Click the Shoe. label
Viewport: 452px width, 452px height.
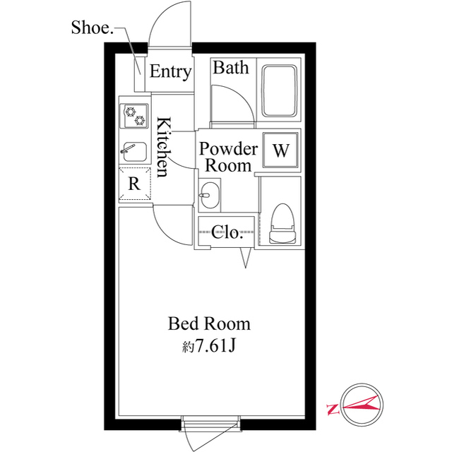(x=92, y=28)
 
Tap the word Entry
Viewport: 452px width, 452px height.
(x=171, y=71)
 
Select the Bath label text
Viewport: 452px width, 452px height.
(x=231, y=68)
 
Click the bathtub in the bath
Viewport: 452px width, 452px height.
(x=279, y=91)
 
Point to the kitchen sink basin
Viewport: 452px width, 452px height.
(x=134, y=152)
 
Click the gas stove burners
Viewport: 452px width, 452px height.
(x=134, y=116)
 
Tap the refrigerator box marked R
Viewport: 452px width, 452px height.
(x=135, y=184)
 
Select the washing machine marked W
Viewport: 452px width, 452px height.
(x=280, y=150)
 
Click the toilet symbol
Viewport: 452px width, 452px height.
(x=282, y=224)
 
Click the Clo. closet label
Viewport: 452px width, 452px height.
(x=226, y=232)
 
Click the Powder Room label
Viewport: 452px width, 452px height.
(x=228, y=157)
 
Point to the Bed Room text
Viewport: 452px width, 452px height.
(x=209, y=324)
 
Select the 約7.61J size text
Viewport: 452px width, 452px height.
(x=209, y=345)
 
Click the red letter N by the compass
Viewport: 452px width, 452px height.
(x=333, y=410)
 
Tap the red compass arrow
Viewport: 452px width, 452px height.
(x=361, y=405)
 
